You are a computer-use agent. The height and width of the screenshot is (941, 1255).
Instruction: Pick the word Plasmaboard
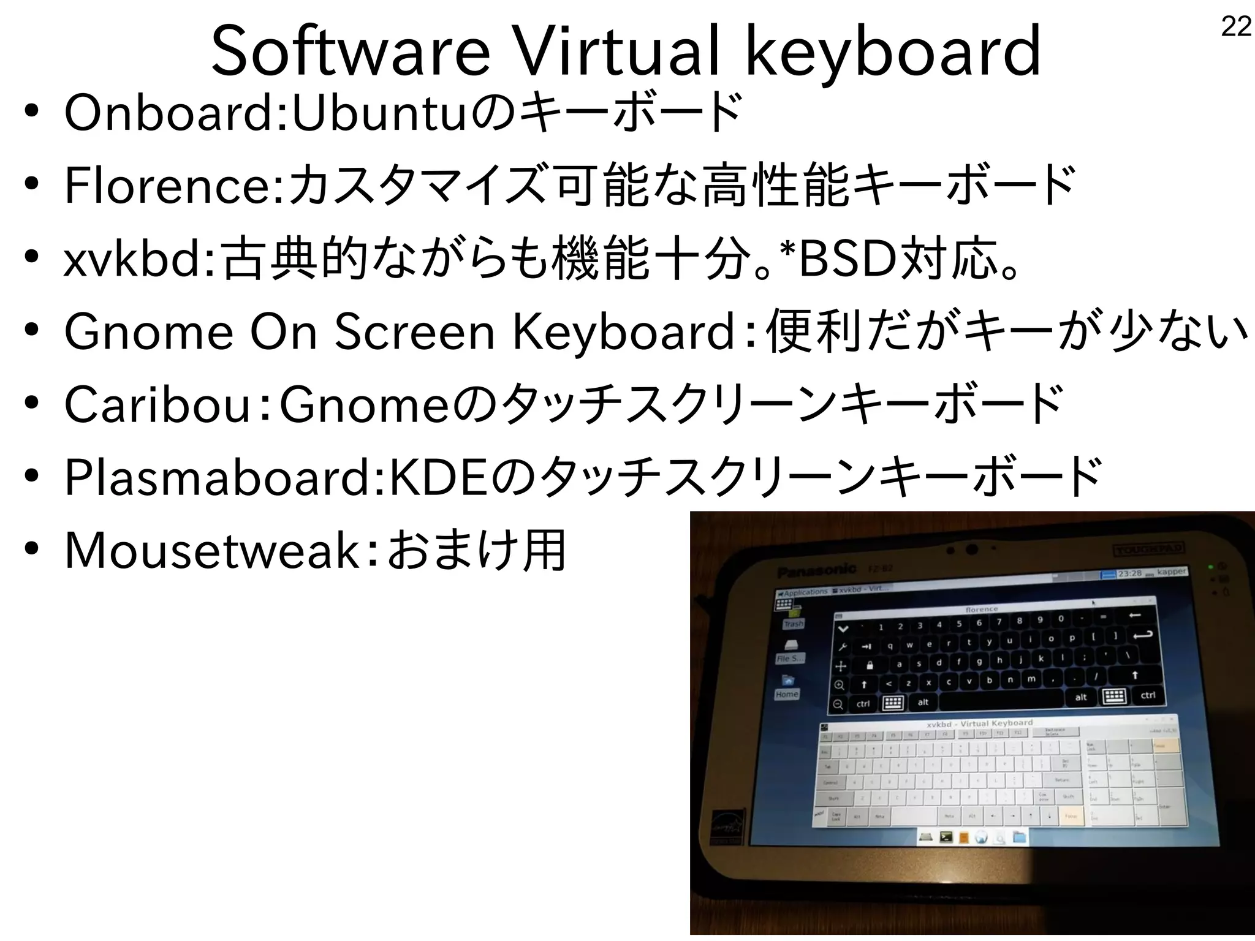coord(221,477)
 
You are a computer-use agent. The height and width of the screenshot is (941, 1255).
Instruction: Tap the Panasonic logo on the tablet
coord(816,571)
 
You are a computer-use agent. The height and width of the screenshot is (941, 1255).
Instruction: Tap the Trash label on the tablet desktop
coord(793,624)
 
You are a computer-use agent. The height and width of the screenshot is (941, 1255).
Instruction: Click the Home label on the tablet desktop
coord(787,694)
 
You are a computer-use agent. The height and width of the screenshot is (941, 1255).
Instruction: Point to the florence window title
coord(982,609)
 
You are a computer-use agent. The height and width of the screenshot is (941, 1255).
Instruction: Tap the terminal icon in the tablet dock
coord(946,836)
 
